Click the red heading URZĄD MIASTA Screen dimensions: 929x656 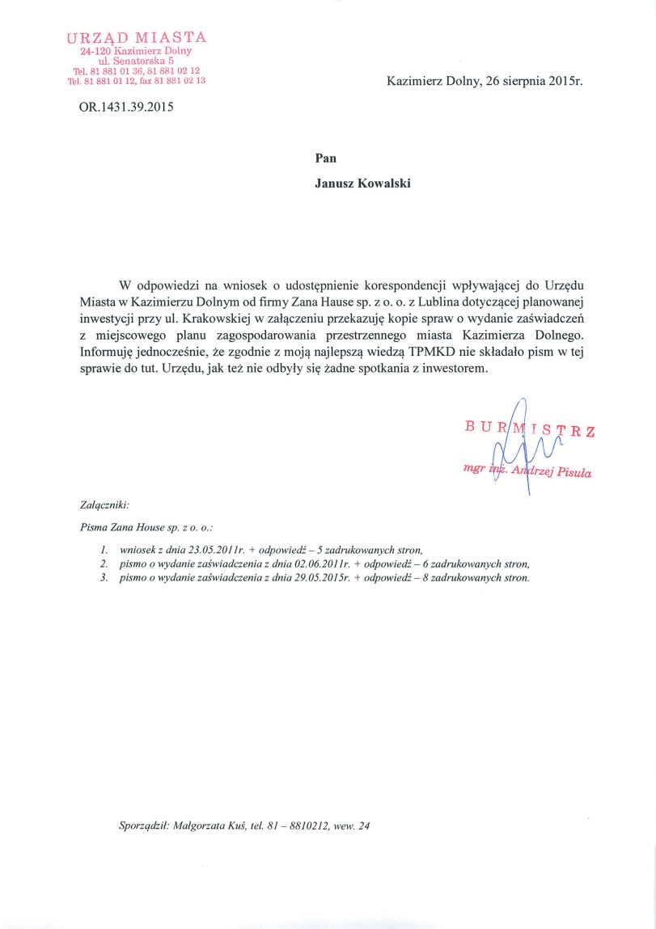137,36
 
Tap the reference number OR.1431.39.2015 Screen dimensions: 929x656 125,106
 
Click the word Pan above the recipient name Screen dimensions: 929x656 326,158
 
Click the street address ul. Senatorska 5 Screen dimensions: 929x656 136,61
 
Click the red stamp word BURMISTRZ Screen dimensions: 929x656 529,429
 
